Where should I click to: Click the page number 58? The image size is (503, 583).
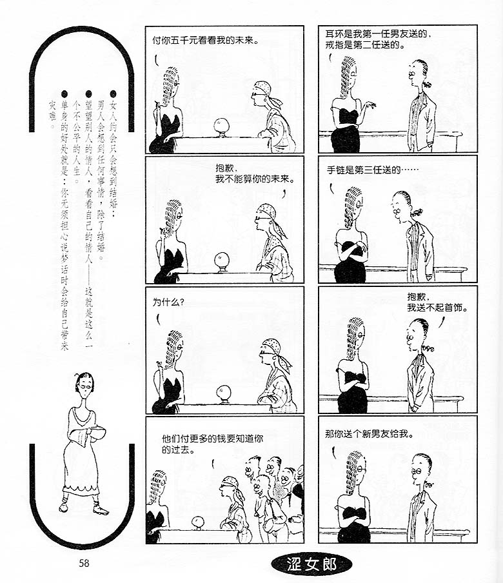[84, 563]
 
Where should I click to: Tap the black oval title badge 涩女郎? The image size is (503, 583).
[311, 564]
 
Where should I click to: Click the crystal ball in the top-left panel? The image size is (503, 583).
[221, 126]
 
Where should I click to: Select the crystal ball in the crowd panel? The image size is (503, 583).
[198, 522]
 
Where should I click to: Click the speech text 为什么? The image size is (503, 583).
[168, 302]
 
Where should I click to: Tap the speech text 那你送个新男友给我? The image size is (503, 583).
[369, 434]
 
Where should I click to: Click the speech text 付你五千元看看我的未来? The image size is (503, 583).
[205, 40]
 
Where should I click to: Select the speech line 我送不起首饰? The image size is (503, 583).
[437, 308]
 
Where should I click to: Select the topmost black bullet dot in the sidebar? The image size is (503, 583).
[113, 94]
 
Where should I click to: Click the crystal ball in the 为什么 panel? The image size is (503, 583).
[224, 393]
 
